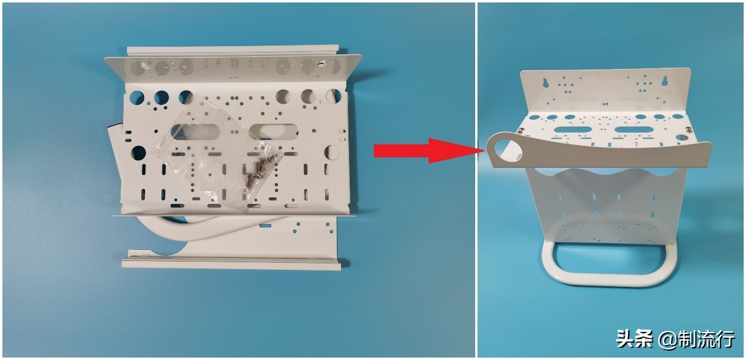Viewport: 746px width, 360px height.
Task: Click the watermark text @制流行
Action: click(697, 339)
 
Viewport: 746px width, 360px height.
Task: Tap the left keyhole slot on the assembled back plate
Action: click(546, 83)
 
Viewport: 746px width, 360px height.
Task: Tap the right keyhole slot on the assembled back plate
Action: click(665, 81)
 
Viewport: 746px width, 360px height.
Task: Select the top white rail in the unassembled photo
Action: click(233, 50)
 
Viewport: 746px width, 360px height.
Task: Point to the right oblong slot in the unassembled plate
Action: click(274, 131)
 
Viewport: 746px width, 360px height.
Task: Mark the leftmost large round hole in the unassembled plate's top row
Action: click(137, 97)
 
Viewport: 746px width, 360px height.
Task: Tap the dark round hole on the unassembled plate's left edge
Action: click(139, 153)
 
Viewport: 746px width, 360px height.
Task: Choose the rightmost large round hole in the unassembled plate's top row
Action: click(334, 96)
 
